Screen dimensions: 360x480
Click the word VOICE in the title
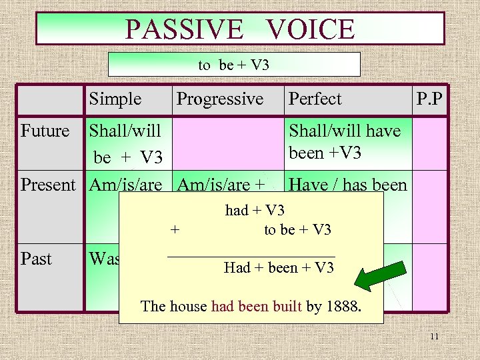pyautogui.click(x=310, y=29)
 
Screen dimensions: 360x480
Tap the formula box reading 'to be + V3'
pyautogui.click(x=233, y=65)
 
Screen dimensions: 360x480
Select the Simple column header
pyautogui.click(x=115, y=99)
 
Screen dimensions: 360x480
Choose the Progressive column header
pyautogui.click(x=220, y=99)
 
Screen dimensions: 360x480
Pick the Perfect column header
pyautogui.click(x=315, y=99)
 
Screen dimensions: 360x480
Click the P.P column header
pyautogui.click(x=431, y=99)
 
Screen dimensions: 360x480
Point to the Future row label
pyautogui.click(x=45, y=131)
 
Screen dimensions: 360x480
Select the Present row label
pyautogui.click(x=48, y=185)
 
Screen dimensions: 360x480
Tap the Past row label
pyautogui.click(x=36, y=259)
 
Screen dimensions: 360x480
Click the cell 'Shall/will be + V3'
pyautogui.click(x=127, y=143)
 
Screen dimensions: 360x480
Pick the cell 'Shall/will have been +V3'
pyautogui.click(x=344, y=141)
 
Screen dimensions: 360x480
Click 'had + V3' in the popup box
pyautogui.click(x=255, y=211)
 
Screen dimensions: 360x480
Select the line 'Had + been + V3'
pyautogui.click(x=279, y=268)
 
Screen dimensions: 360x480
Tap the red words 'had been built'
pyautogui.click(x=257, y=307)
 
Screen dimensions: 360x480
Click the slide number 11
pyautogui.click(x=434, y=337)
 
